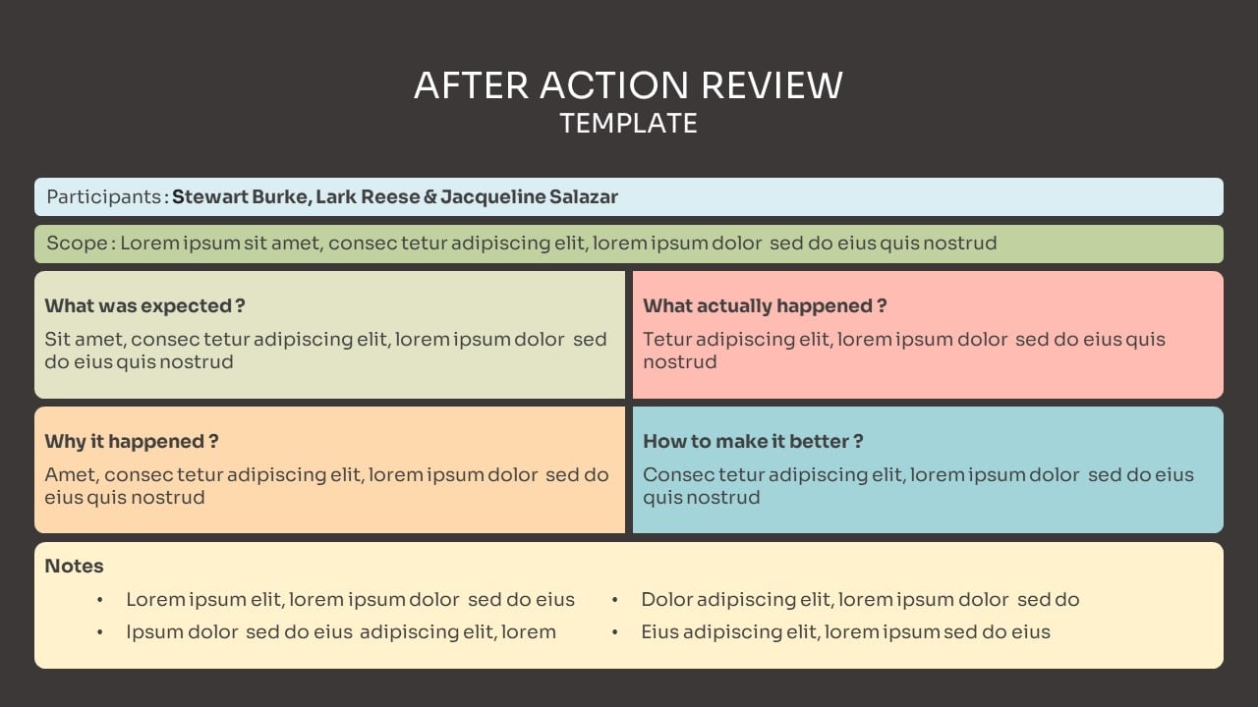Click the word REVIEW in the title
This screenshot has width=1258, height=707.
772,85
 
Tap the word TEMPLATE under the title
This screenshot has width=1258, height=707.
628,123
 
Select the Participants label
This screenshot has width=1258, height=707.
104,197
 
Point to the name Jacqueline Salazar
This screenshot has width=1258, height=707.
529,197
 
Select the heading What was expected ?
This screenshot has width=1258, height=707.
144,305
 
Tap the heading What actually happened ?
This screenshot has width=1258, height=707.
765,305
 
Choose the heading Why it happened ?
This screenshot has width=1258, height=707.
132,442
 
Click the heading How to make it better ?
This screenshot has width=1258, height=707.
753,442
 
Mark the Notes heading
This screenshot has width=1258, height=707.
74,566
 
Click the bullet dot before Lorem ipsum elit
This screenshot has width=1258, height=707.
100,600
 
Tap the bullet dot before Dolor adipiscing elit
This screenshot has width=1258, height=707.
615,600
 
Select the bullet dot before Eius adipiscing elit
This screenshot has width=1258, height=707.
615,633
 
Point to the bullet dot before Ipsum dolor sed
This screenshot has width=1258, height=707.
100,633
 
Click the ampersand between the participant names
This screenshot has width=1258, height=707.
430,197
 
